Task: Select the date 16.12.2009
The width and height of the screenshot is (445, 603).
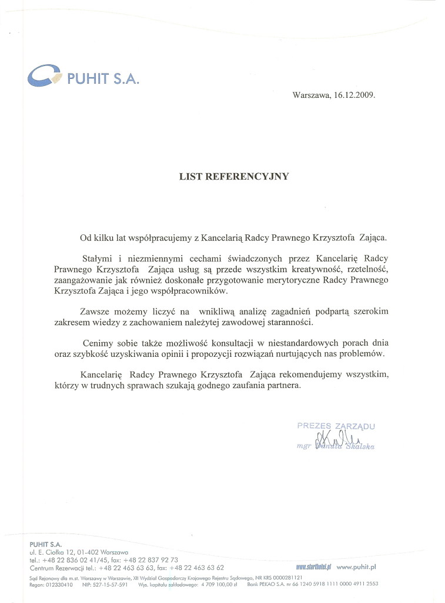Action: tap(354, 94)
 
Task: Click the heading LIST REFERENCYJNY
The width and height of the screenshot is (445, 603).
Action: tap(234, 175)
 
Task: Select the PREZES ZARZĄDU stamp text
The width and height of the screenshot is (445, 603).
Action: tap(336, 425)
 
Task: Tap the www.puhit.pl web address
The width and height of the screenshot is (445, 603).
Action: tap(356, 566)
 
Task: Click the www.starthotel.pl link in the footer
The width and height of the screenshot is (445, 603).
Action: tap(314, 566)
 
